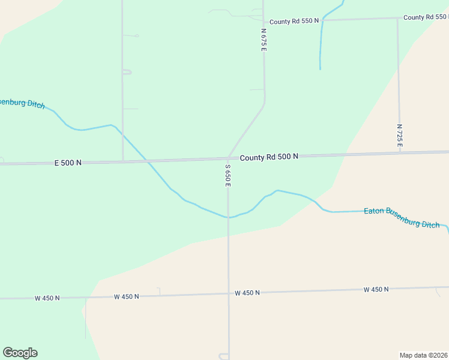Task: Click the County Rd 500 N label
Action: (x=269, y=157)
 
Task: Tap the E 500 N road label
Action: (x=68, y=163)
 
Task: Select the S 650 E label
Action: (x=228, y=175)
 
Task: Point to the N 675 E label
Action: (x=263, y=39)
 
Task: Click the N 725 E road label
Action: (x=399, y=136)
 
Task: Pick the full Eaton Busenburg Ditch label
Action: (x=402, y=217)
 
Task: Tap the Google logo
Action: (x=20, y=353)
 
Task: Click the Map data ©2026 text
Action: (x=423, y=355)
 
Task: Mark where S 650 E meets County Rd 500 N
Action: (x=228, y=159)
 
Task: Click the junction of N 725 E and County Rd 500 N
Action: (x=399, y=153)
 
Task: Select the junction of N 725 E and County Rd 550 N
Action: (x=397, y=19)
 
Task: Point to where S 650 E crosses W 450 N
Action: (x=228, y=294)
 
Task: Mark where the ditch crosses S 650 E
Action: (x=228, y=217)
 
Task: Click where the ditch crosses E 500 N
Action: (x=147, y=161)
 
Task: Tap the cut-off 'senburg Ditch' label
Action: (x=22, y=103)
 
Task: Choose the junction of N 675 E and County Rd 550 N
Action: (x=263, y=21)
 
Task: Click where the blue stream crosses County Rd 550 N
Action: (x=322, y=20)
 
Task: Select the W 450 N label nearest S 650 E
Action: (x=247, y=293)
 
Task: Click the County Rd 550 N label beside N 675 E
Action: (x=294, y=21)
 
